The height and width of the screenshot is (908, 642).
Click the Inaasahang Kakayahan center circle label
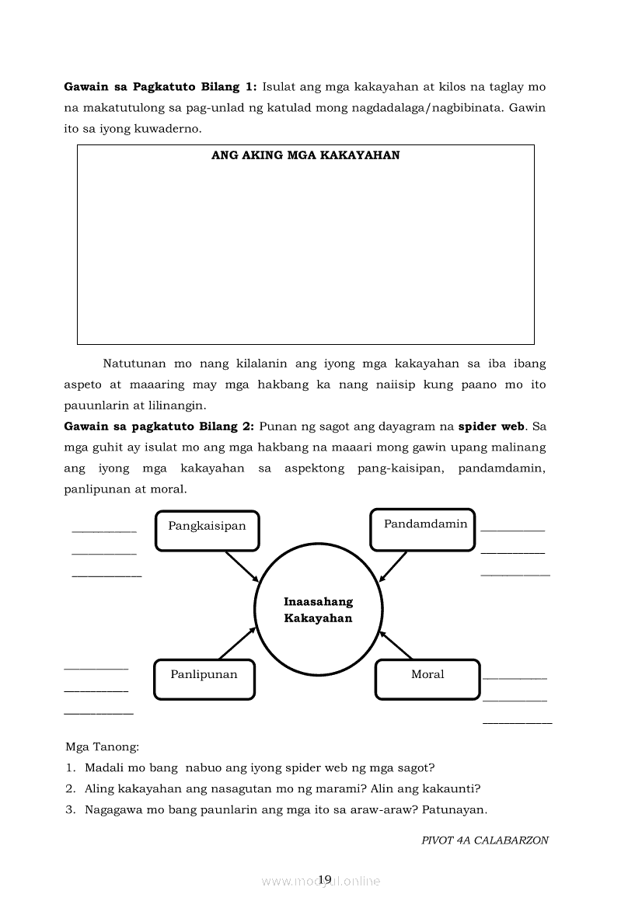318,610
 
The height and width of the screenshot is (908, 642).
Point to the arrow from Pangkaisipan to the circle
241,566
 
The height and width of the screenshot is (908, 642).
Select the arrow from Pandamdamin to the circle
393,565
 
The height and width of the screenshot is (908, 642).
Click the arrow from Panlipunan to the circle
237,643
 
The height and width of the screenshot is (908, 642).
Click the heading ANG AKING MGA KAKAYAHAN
305,155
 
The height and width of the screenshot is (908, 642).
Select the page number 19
325,878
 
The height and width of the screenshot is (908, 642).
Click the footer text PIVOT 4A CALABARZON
485,840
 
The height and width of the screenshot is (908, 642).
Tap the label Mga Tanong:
103,747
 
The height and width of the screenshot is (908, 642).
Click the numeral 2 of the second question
69,788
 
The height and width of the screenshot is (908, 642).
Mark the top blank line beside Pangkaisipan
104,531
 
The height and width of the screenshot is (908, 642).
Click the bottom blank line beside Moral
517,723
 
